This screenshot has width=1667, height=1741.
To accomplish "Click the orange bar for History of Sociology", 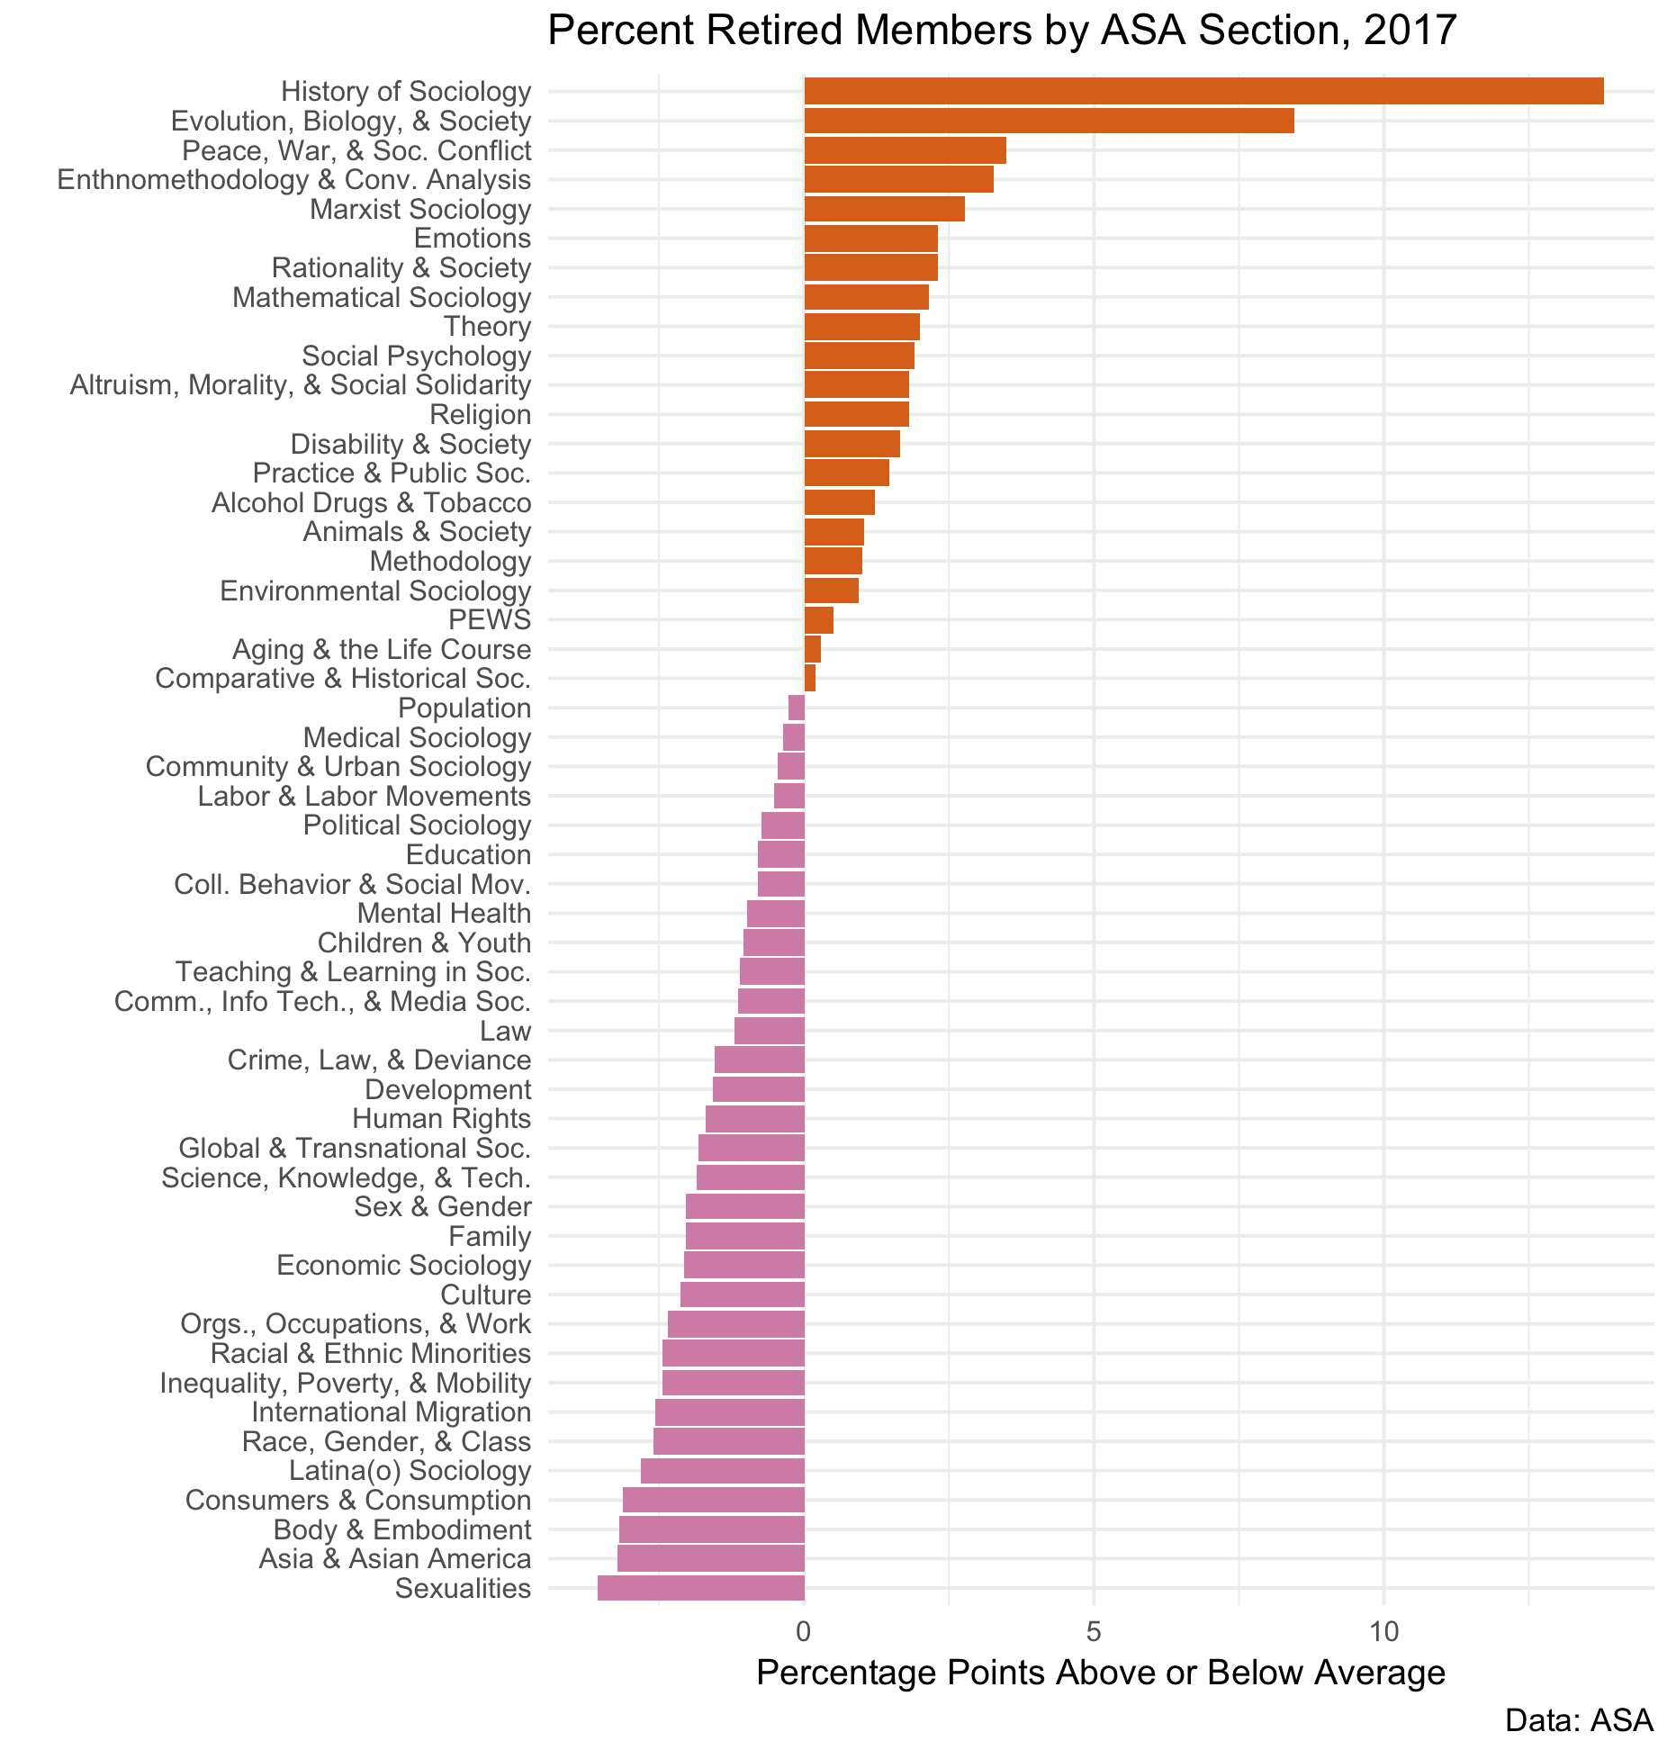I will pos(1203,91).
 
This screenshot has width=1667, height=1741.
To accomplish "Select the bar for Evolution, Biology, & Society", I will pos(1048,121).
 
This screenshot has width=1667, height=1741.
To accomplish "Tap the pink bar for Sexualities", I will pos(700,1588).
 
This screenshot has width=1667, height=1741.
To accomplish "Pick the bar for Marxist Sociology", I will pos(884,209).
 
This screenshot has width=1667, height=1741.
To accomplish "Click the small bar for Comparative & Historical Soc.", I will pos(809,678).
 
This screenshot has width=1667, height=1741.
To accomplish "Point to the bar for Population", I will pos(796,708).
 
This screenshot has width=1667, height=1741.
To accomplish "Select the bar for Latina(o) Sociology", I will pos(722,1471).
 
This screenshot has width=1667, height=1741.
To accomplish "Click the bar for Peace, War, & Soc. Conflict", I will pos(905,150).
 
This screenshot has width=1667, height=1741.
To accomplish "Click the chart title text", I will pos(1001,32).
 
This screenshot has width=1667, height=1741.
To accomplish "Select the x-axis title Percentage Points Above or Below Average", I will pos(1100,1673).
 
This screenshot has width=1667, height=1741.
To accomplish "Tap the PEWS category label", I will pos(490,619).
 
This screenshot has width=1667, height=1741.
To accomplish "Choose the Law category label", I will pos(505,1031).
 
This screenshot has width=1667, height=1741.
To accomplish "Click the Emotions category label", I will pos(472,239).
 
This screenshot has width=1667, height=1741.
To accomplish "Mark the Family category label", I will pos(490,1236).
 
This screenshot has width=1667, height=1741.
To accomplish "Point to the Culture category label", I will pos(485,1294).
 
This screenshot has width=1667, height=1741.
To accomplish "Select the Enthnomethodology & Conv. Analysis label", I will pos(293,180).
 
